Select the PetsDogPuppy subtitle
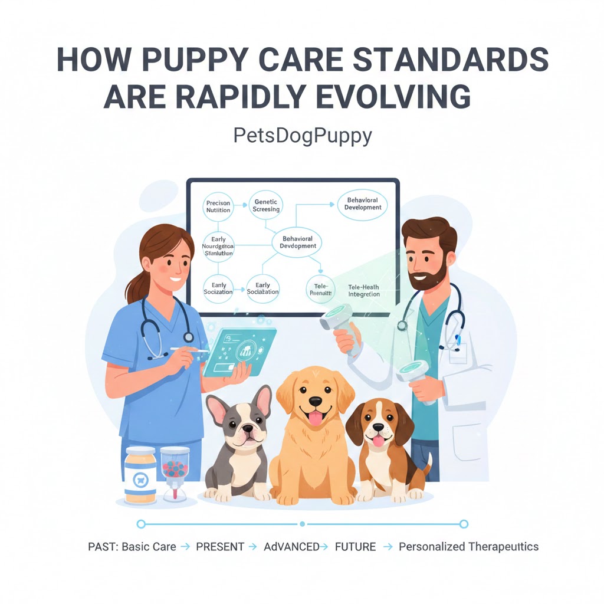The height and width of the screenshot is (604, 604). pos(303,136)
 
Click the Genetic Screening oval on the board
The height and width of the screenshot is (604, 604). pos(266,205)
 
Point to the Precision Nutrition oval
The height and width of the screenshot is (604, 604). pos(218,206)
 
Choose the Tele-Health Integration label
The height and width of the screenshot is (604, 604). pos(364,290)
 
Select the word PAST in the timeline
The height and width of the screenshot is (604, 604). pos(103,547)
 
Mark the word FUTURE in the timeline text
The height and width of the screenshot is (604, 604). pos(355,547)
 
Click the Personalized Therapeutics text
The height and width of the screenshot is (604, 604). pos(468,547)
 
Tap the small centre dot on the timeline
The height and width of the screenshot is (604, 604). pos(302,524)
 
